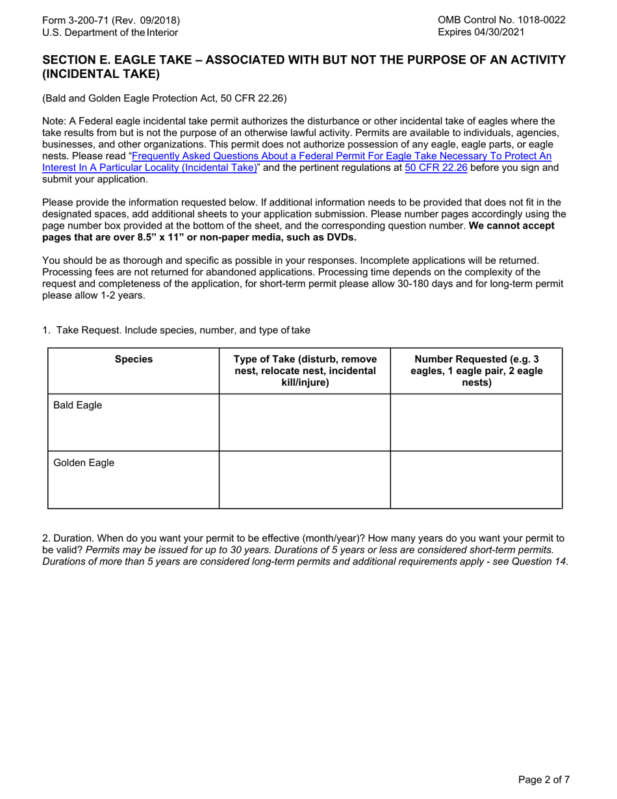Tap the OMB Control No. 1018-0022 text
501,20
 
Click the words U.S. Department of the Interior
110,32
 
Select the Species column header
134,359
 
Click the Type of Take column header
305,370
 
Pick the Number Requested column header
476,370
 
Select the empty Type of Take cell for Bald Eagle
305,422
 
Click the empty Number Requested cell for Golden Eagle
476,479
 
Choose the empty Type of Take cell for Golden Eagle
305,479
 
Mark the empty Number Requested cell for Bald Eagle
476,422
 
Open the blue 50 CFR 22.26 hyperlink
435,168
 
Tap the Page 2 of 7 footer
544,780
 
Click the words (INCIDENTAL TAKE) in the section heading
101,74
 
